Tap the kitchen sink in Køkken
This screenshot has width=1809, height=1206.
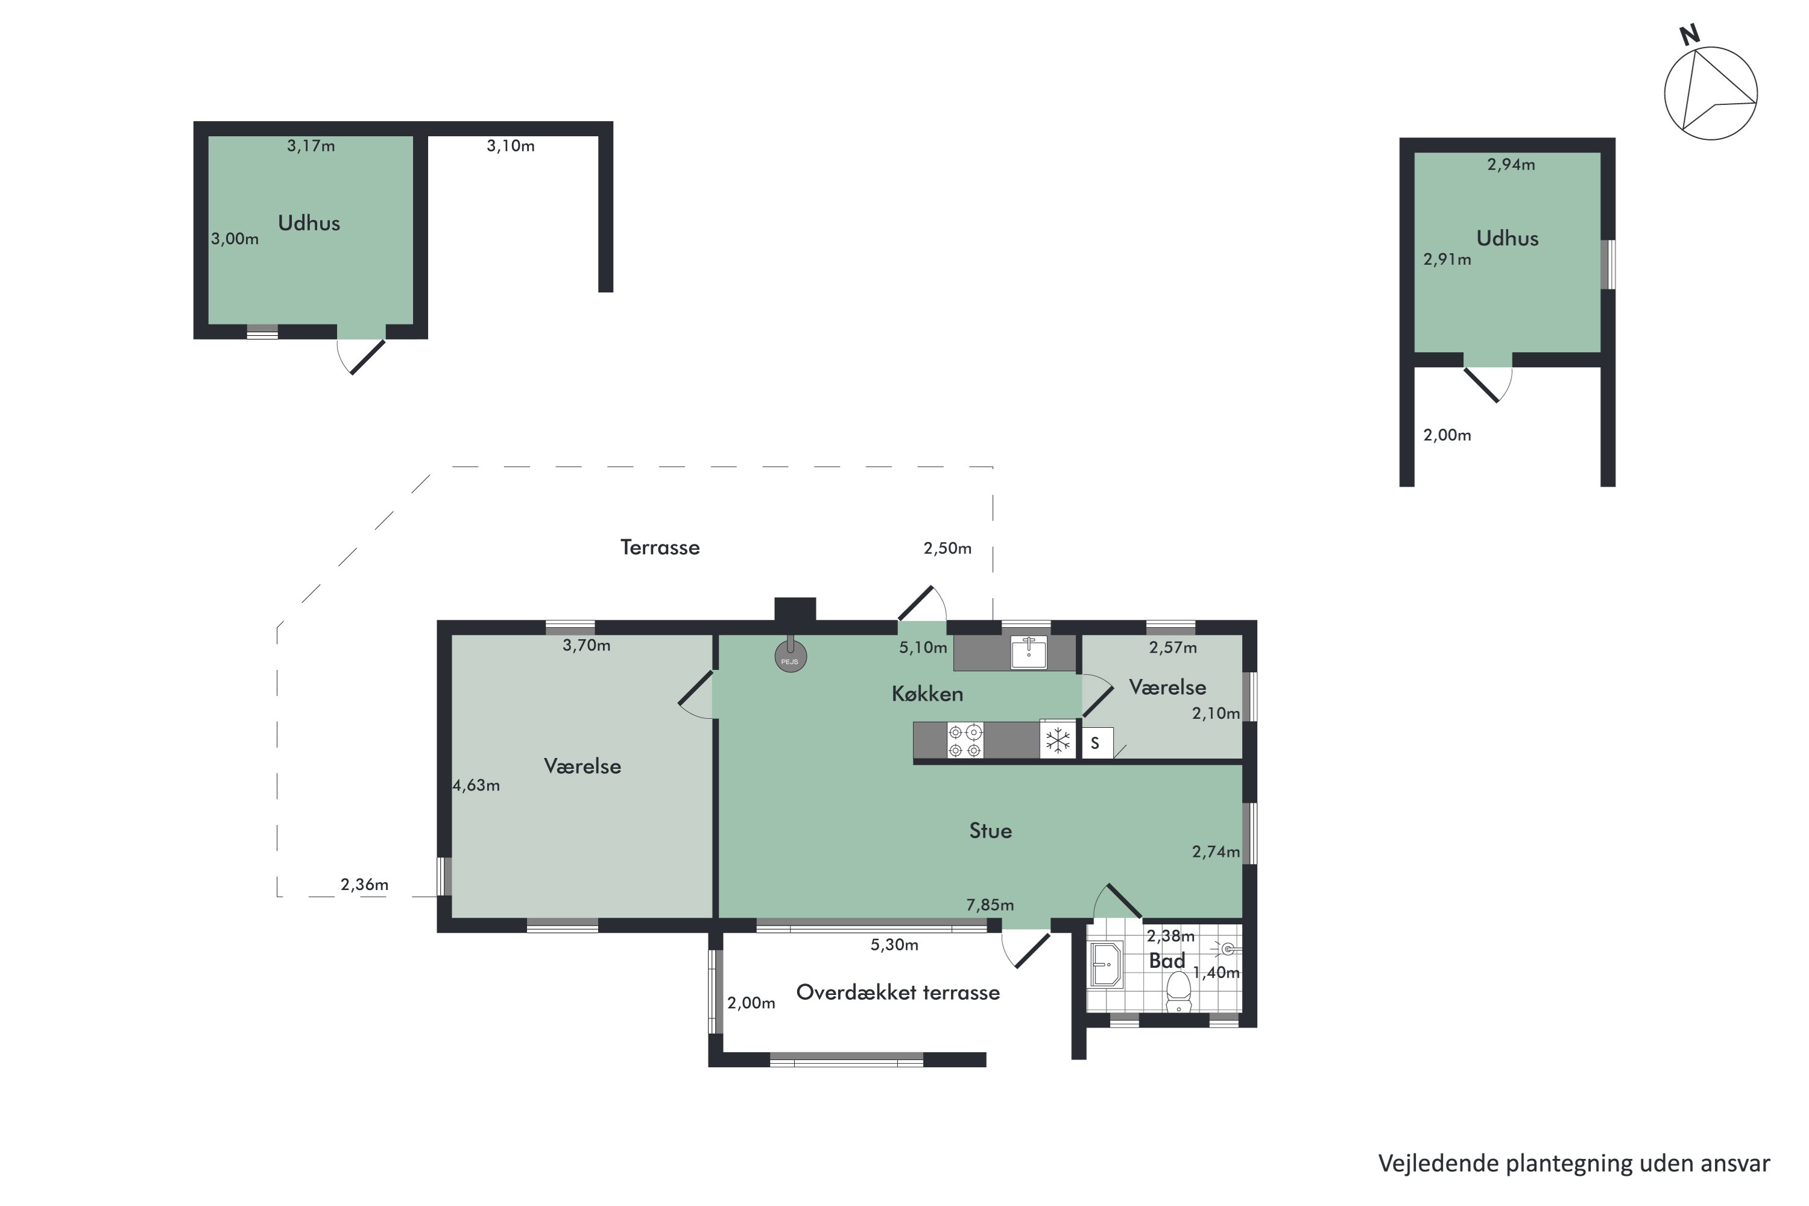pyautogui.click(x=1028, y=652)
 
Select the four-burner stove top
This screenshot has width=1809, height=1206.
pyautogui.click(x=964, y=740)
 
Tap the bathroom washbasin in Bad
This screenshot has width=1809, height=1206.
pyautogui.click(x=1106, y=964)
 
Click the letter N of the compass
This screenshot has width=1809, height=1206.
pyautogui.click(x=1689, y=34)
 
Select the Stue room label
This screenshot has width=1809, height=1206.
pyautogui.click(x=990, y=831)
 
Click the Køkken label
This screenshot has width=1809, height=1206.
pyautogui.click(x=927, y=694)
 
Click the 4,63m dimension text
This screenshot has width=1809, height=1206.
pyautogui.click(x=476, y=785)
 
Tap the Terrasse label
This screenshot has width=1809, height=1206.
pyautogui.click(x=660, y=548)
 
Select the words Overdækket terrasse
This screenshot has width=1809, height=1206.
pyautogui.click(x=898, y=992)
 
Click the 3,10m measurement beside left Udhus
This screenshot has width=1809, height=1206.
pyautogui.click(x=510, y=146)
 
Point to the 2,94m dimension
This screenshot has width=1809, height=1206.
pyautogui.click(x=1511, y=165)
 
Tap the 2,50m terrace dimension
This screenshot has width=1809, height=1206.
pyautogui.click(x=947, y=548)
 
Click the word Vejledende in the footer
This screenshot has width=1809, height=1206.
pyautogui.click(x=1438, y=1164)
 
